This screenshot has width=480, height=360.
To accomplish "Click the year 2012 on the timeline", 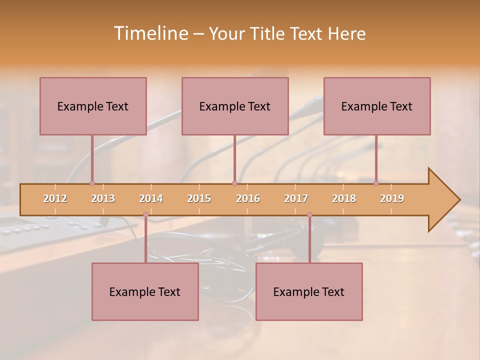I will [x=55, y=198].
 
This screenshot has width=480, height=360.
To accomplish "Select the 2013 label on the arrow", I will [x=103, y=198].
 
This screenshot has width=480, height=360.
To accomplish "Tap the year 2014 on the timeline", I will [x=151, y=198].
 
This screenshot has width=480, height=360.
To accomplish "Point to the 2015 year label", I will [x=199, y=198].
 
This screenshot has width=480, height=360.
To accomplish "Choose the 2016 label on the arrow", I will [x=248, y=198].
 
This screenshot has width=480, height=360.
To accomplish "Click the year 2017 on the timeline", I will [x=296, y=198].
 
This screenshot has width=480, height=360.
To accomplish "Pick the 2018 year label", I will [x=344, y=198].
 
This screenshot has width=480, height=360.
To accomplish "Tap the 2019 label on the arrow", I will [x=392, y=198].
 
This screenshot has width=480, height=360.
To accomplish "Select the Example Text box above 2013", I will [x=93, y=106].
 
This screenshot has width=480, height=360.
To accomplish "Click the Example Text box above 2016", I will [x=235, y=106].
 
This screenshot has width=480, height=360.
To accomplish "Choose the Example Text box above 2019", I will [x=377, y=106].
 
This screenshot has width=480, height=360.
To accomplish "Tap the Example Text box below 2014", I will [x=145, y=291].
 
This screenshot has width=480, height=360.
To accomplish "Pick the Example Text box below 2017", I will [x=309, y=291].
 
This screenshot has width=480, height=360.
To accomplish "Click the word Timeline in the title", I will [x=150, y=33].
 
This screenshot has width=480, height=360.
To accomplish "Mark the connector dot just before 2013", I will [x=92, y=183].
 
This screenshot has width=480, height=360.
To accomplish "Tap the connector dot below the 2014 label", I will [x=145, y=214].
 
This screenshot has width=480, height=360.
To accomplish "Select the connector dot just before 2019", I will [x=376, y=183].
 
